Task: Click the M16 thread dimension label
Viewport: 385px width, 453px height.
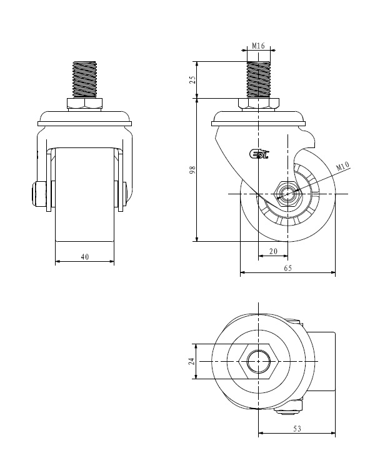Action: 258,46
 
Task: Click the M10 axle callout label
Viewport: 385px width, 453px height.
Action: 342,166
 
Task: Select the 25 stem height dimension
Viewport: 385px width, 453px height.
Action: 192,79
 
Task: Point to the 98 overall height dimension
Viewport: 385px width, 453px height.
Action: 192,169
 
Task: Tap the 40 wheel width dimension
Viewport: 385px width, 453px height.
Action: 85,257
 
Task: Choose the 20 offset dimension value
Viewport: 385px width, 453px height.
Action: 273,251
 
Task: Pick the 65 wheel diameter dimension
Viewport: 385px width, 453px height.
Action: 288,268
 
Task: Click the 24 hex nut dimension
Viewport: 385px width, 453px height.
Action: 192,361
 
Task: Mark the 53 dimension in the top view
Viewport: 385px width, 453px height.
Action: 297,429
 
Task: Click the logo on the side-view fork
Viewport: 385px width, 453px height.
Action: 259,154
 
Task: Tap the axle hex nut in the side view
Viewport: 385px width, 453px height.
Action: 288,194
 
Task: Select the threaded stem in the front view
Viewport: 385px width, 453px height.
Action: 85,79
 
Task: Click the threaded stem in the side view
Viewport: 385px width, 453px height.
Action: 259,79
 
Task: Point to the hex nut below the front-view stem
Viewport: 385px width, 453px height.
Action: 84,104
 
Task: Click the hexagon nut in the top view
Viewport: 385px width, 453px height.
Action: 259,361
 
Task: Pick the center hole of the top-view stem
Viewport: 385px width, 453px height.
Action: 259,361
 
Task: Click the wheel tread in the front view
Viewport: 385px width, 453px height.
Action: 85,194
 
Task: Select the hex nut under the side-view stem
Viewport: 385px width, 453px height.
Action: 259,104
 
